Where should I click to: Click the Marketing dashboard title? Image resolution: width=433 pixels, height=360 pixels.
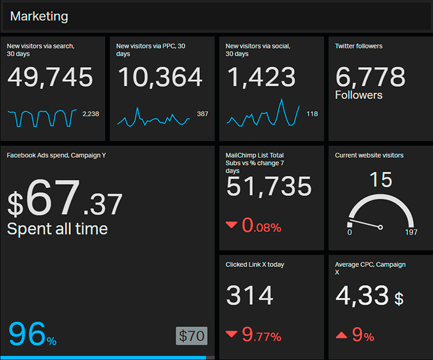[x=39, y=17]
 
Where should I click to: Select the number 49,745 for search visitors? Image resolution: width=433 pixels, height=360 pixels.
[x=50, y=78]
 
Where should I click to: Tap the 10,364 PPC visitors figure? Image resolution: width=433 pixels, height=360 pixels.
[x=160, y=78]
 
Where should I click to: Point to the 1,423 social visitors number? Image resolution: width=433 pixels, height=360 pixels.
[x=261, y=78]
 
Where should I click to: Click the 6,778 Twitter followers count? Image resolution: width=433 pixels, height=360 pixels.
[x=371, y=78]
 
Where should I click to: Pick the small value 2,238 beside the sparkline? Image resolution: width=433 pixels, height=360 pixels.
[x=91, y=114]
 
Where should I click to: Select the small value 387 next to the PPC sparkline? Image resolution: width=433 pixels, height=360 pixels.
[x=202, y=114]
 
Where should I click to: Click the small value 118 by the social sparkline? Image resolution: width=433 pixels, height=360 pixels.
[x=312, y=114]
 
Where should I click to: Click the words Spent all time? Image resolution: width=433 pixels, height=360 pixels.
[x=57, y=229]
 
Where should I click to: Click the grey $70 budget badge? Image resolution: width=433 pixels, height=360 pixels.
[x=192, y=336]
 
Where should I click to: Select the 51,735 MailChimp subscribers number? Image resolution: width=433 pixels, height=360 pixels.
[x=269, y=187]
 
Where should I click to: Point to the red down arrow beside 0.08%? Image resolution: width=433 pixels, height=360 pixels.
[x=231, y=225]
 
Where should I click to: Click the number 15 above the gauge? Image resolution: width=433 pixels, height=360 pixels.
[x=381, y=179]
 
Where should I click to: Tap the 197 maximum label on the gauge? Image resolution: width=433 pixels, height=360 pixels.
[x=411, y=232]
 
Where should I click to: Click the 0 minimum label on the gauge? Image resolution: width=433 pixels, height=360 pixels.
[x=350, y=232]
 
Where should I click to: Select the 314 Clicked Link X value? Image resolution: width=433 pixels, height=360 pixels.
[x=250, y=296]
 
